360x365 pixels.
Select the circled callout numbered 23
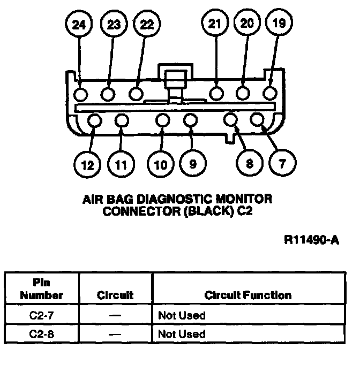point(113,25)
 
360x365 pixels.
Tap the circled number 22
point(146,25)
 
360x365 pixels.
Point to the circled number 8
point(249,164)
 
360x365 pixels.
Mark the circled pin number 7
point(282,164)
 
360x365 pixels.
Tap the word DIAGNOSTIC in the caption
point(172,200)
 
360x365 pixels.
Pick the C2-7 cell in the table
point(42,316)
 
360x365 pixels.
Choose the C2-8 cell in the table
point(42,334)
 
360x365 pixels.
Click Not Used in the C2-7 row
point(182,316)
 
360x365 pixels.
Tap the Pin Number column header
point(42,290)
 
